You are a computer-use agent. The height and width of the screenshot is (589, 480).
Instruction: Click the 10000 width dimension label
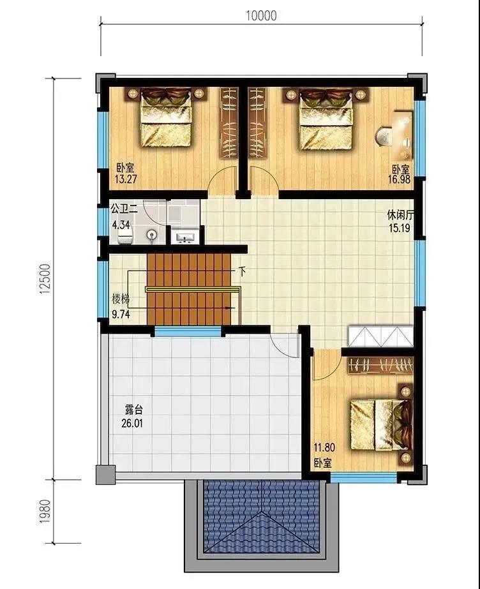(261, 15)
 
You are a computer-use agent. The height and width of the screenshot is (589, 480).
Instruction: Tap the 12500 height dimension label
(45, 279)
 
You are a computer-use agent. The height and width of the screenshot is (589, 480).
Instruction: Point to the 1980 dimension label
(45, 511)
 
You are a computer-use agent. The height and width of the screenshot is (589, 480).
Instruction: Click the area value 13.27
(126, 179)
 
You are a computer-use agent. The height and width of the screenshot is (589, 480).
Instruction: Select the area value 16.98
(399, 179)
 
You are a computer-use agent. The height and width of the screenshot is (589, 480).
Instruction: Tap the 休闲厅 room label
(400, 215)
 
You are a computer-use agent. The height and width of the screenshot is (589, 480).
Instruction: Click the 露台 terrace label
(133, 410)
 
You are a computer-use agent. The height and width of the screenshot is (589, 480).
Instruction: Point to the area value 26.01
(132, 423)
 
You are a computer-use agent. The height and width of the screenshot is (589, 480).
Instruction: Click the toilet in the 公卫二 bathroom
(126, 237)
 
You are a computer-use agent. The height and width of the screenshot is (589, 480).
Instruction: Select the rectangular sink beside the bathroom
(184, 238)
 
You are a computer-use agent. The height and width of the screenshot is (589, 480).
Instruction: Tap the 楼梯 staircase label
(121, 299)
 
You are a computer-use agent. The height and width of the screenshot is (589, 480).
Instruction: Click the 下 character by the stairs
(243, 271)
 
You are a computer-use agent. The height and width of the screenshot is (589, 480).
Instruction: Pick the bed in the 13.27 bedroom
(165, 117)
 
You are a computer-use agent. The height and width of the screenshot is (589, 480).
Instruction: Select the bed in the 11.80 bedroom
(380, 425)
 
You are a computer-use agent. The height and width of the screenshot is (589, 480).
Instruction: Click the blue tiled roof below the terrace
(261, 517)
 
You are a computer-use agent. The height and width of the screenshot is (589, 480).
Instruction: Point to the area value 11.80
(324, 448)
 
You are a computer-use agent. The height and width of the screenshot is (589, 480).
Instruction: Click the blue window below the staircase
(188, 332)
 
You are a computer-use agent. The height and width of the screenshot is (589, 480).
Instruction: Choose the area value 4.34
(121, 225)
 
